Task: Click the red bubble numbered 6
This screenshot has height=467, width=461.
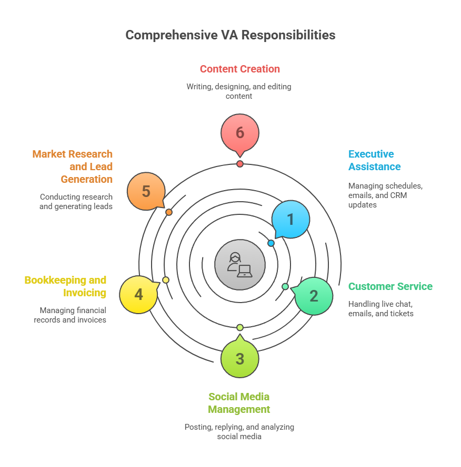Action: (240, 133)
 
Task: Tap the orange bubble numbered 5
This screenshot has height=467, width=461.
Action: (146, 191)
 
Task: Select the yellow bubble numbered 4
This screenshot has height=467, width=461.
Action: (138, 295)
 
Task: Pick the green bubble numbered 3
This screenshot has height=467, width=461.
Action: (240, 358)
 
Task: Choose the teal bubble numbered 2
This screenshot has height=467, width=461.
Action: (314, 296)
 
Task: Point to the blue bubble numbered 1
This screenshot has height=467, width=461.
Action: (290, 220)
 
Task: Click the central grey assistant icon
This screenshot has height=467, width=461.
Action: (240, 265)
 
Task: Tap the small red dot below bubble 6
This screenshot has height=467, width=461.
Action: (240, 164)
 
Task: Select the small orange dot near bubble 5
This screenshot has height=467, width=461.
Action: (169, 212)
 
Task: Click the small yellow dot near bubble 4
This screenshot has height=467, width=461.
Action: (166, 280)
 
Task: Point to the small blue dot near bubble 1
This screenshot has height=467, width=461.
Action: (271, 243)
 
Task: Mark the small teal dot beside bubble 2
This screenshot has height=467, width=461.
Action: (285, 286)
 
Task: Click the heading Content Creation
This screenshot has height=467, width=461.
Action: (240, 69)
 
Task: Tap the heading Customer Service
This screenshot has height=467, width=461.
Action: (390, 286)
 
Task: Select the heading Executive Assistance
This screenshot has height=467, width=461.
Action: (375, 160)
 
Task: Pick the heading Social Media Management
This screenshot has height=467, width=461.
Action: (239, 403)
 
